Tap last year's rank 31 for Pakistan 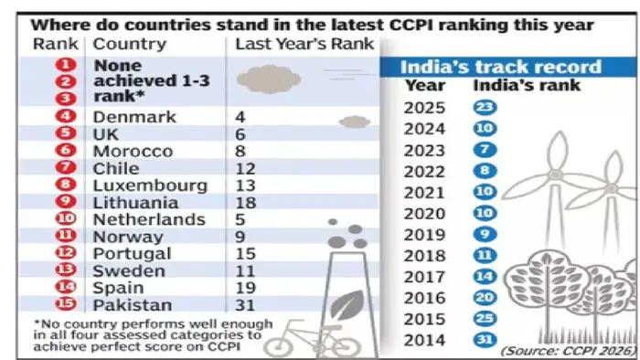(245, 304)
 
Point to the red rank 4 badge (64, 117)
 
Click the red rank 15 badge (64, 304)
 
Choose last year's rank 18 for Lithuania (245, 202)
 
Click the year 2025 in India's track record (423, 107)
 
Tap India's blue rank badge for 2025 (485, 107)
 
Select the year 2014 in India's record (423, 341)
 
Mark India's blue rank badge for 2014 (485, 341)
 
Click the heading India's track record (503, 67)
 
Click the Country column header (130, 44)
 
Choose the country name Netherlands (149, 219)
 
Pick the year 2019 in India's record (423, 233)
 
